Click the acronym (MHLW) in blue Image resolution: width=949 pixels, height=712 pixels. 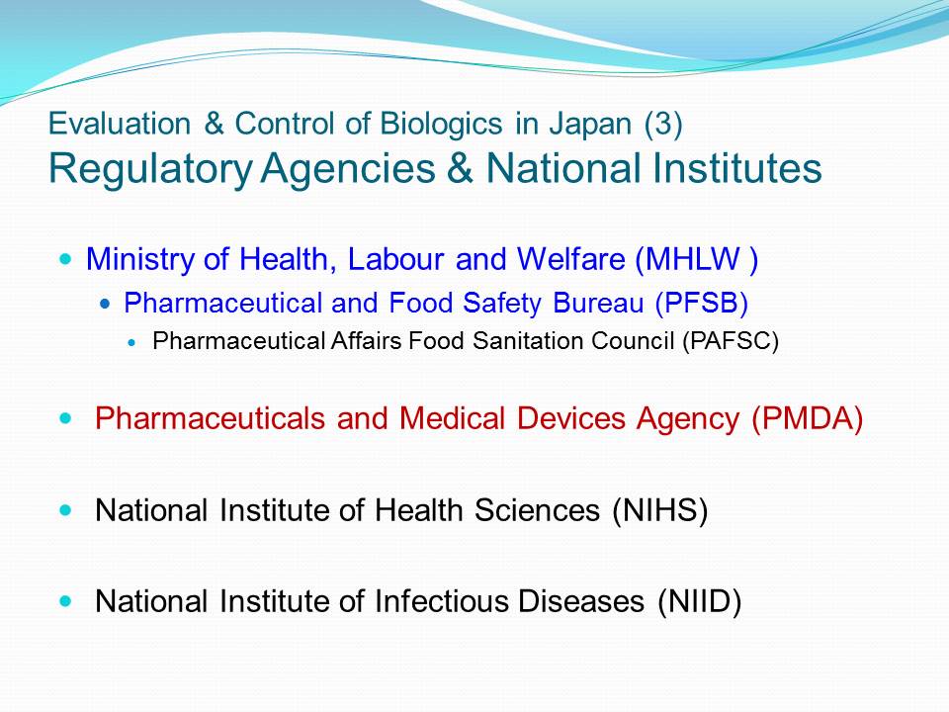(x=696, y=260)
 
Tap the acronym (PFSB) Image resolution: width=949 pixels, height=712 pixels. (x=702, y=303)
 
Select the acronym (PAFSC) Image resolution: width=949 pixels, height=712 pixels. (x=731, y=341)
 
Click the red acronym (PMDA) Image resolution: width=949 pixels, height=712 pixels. (x=807, y=418)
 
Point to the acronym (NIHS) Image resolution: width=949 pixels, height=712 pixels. (x=659, y=510)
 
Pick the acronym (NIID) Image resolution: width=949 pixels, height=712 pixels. (x=700, y=602)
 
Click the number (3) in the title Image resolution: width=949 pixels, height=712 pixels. (x=663, y=125)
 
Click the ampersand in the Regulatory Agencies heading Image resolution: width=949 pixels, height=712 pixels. (x=460, y=168)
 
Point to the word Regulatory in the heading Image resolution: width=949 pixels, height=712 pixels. (x=150, y=170)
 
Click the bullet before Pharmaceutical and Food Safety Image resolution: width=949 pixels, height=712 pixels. (x=106, y=304)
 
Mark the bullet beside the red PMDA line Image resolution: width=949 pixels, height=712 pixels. (x=66, y=418)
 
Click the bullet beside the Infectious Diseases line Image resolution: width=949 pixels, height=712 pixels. (x=66, y=602)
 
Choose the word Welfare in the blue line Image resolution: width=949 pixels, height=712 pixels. (x=570, y=259)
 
